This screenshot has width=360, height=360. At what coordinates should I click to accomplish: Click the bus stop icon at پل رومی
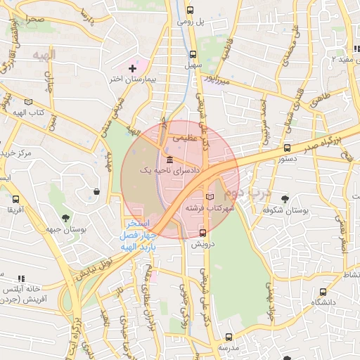tap(191, 11)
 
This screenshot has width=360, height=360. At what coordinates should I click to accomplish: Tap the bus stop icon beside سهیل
tap(193, 54)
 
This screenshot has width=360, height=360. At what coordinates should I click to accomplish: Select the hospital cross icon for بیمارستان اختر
tap(132, 68)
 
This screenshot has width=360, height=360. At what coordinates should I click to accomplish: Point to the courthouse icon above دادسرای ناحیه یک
tap(169, 158)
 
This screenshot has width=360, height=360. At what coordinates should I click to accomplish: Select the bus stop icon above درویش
tap(203, 233)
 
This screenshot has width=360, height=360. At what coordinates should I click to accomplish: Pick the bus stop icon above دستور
tap(287, 148)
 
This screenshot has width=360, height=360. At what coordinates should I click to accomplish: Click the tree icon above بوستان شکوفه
tap(285, 199)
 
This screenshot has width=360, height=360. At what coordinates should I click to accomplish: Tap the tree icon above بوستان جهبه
tap(66, 218)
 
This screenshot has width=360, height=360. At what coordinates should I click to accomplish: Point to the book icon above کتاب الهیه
tap(27, 102)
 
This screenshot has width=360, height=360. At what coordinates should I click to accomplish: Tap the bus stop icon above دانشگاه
tap(323, 291)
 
